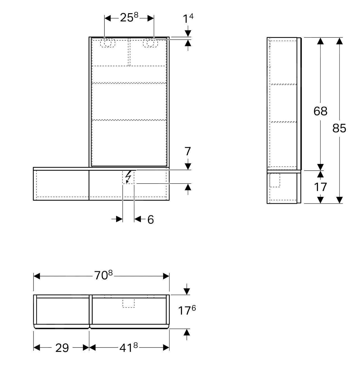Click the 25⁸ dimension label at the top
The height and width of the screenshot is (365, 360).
[129, 18]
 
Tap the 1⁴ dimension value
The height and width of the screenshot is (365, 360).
[188, 19]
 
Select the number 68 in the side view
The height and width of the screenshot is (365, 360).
[320, 111]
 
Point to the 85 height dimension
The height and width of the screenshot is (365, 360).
[339, 128]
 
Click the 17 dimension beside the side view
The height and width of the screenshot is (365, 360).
[320, 187]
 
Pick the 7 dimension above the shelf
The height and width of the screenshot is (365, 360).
[188, 152]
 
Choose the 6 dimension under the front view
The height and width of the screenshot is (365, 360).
[151, 220]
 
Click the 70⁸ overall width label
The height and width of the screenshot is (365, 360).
[103, 275]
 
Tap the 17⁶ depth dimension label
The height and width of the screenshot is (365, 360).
[187, 311]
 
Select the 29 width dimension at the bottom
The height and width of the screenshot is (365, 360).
[62, 348]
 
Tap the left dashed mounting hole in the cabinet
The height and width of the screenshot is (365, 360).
[108, 43]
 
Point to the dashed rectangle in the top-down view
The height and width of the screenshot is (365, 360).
[129, 303]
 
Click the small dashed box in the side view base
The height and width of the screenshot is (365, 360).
[275, 180]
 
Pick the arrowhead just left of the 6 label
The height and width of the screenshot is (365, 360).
[137, 219]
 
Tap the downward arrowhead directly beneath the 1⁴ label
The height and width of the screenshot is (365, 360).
[188, 33]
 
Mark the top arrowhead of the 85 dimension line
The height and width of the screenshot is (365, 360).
[340, 41]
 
